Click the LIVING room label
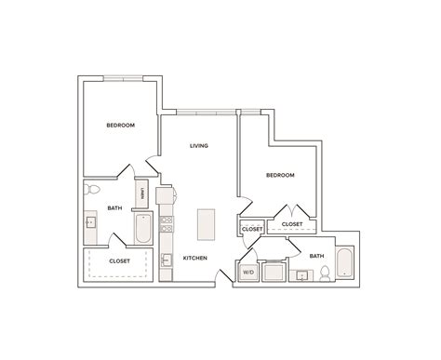198,145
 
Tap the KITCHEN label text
194,258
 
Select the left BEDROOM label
120,125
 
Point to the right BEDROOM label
280,175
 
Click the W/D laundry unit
248,273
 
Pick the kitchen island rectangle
205,224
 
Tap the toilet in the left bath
92,191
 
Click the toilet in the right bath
325,273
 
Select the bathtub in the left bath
142,228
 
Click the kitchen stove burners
167,224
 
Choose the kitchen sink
166,260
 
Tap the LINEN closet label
141,194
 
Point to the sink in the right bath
302,275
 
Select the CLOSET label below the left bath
119,260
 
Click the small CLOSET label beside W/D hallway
251,228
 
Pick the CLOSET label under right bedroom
291,224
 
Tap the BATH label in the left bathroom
114,208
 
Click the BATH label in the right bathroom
316,256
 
